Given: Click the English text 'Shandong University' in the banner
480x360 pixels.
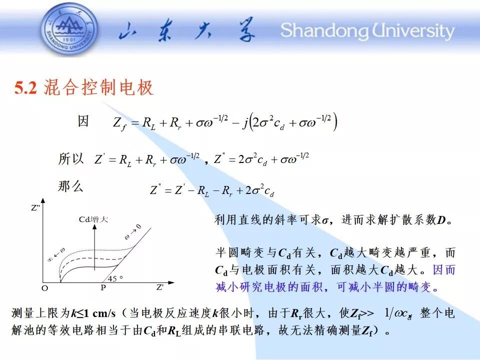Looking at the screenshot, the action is (x=367, y=31).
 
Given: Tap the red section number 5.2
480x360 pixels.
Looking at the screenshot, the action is (x=25, y=88).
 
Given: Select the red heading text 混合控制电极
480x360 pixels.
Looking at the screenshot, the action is (x=98, y=87).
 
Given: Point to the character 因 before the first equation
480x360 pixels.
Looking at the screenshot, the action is (x=83, y=121).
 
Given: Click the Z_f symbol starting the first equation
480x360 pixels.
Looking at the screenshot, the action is (x=119, y=123).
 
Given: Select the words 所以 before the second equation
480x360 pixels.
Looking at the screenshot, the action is (x=70, y=159).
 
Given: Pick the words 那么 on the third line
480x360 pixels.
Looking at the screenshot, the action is (x=70, y=186).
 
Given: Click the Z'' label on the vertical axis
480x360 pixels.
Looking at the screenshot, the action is (x=35, y=208).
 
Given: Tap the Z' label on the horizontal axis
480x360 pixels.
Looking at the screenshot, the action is (x=160, y=287).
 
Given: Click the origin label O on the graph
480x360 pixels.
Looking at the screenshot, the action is (x=44, y=288).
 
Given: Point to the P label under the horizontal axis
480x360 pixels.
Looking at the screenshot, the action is (x=103, y=288).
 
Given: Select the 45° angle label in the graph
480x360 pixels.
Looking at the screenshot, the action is (x=115, y=278).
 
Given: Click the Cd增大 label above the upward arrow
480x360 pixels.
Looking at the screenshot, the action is (x=93, y=219).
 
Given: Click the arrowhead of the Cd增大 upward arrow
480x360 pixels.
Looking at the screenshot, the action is (x=94, y=227).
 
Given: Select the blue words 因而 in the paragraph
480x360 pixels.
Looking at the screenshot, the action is (x=444, y=269).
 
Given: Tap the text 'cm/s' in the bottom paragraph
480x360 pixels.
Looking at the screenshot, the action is (x=104, y=313).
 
